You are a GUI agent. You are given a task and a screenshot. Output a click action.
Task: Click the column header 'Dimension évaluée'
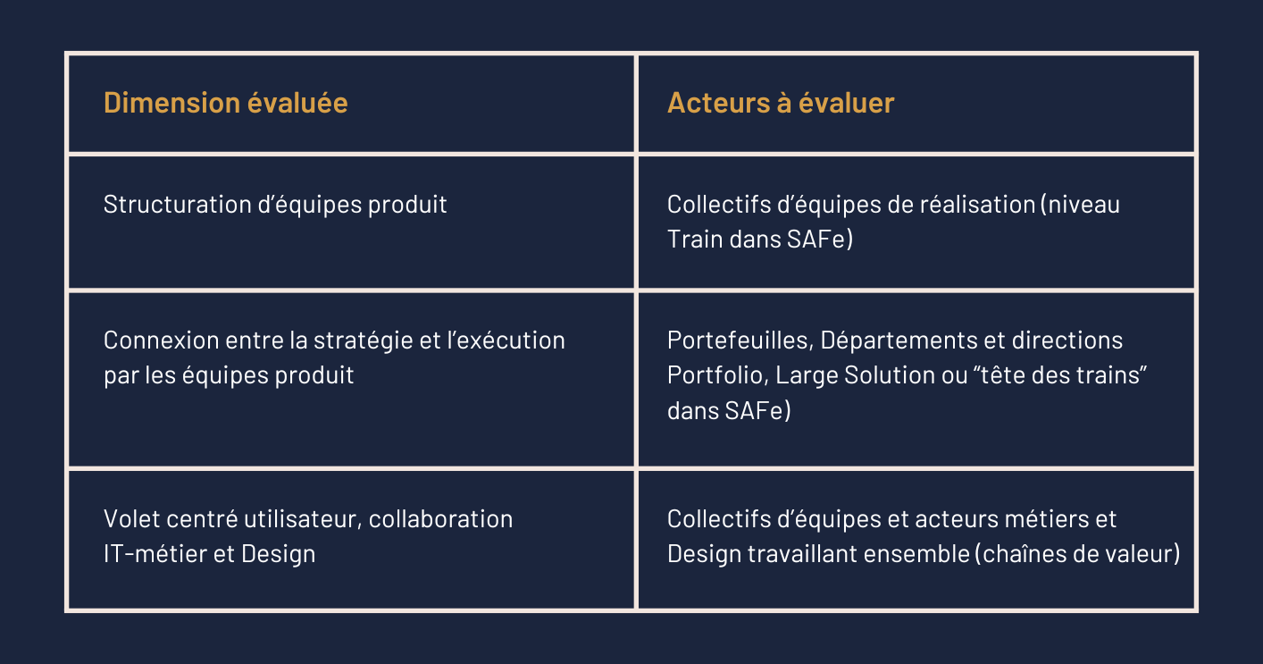(225, 103)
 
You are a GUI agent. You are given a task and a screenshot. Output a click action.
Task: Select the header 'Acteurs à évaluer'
(781, 103)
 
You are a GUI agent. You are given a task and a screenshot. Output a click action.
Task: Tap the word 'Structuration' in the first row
(177, 205)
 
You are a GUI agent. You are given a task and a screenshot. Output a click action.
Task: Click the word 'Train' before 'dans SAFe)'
(695, 239)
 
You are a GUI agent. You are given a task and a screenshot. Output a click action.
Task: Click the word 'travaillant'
(802, 553)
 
